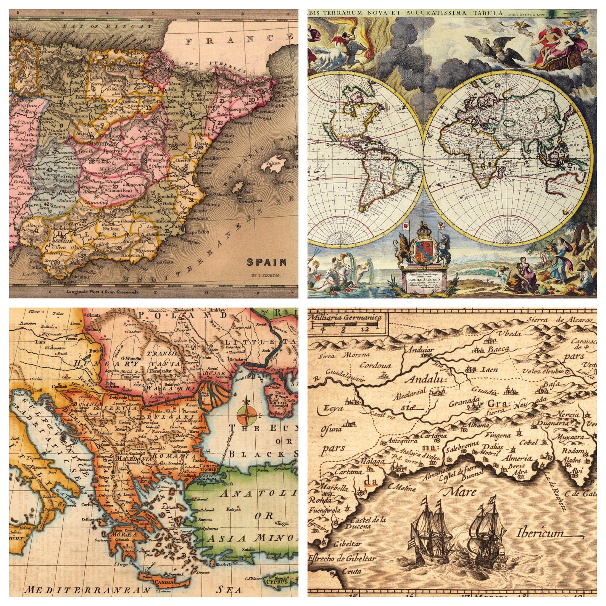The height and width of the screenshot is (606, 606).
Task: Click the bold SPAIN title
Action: point(266,262)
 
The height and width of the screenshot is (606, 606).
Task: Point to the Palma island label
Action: point(273,163)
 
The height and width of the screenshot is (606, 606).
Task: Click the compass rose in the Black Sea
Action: point(247,415)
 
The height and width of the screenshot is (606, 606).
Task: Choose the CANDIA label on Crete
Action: point(164,582)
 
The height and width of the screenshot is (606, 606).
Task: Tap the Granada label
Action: point(464,402)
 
